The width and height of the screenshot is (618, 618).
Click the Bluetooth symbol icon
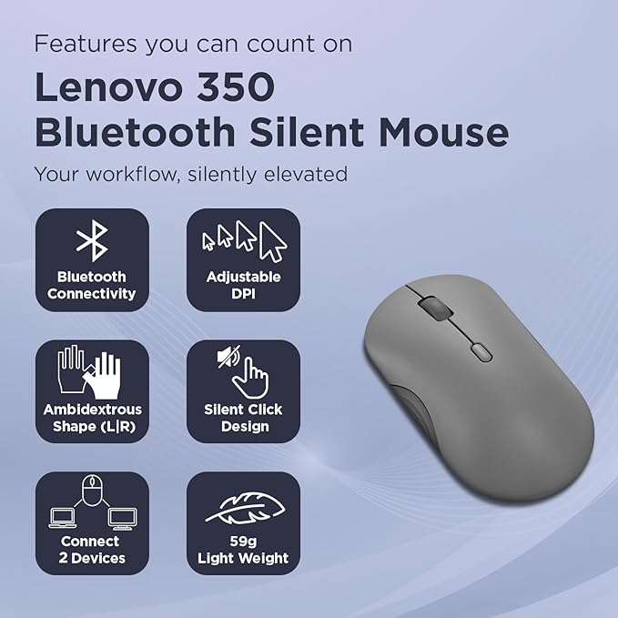pyautogui.click(x=92, y=240)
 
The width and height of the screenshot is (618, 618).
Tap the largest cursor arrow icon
pyautogui.click(x=273, y=242)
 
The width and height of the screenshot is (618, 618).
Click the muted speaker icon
pyautogui.click(x=228, y=356)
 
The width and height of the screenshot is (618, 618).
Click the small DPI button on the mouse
pyautogui.click(x=481, y=352)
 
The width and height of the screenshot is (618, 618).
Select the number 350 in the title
pyautogui.click(x=236, y=86)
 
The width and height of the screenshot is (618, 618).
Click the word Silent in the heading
pyautogui.click(x=307, y=132)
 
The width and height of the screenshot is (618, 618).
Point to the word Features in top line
pyautogui.click(x=86, y=44)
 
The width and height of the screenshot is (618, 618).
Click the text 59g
pyautogui.click(x=243, y=542)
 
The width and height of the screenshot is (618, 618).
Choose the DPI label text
pyautogui.click(x=243, y=294)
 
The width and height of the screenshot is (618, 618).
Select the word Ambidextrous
pyautogui.click(x=93, y=410)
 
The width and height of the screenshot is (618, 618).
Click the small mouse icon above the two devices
pyautogui.click(x=93, y=490)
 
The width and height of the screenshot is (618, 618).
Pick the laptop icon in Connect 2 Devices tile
pyautogui.click(x=62, y=518)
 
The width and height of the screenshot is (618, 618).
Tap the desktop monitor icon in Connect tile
pyautogui.click(x=123, y=519)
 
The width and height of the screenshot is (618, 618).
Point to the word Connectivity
pyautogui.click(x=91, y=294)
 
